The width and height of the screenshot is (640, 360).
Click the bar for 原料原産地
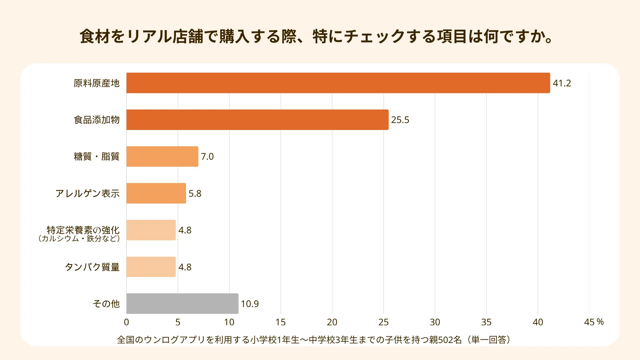pos(338,83)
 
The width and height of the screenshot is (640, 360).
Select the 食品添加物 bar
pos(257,120)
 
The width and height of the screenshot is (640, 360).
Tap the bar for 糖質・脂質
pos(162,156)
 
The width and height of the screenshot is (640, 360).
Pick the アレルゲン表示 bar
pos(156,193)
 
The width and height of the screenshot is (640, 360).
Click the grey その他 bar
pos(182,304)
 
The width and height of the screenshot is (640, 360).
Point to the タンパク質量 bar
pos(151,267)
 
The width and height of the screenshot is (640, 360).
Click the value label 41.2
pos(562,83)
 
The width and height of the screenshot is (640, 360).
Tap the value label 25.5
pos(400,120)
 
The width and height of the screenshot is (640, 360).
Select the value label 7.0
pos(207,156)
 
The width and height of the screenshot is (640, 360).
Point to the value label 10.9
pos(250,304)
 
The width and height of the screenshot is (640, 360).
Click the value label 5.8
pos(195,193)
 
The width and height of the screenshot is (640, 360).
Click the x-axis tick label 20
pos(332,322)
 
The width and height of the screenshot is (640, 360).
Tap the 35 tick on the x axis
pos(486,322)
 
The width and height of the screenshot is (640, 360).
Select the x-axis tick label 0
pos(126,322)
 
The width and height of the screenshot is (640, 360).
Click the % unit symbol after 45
pos(600,322)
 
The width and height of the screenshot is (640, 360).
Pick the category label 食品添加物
pos(97,120)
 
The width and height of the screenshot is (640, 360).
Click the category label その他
pos(106,304)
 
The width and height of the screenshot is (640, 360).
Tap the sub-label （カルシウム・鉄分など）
pos(79,239)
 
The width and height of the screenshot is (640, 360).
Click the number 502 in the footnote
pos(446,340)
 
